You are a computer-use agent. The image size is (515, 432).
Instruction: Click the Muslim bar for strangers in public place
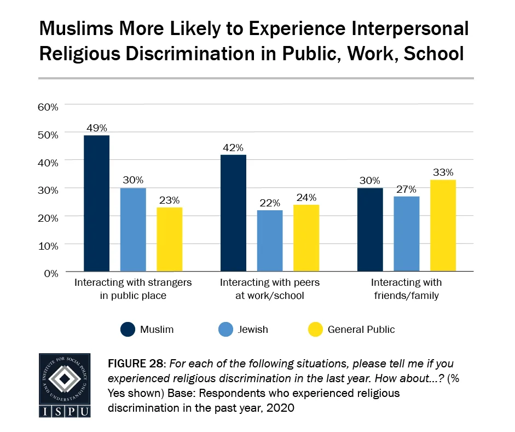96,203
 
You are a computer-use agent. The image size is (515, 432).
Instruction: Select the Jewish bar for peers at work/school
270,240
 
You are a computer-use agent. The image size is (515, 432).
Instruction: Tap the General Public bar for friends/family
443,226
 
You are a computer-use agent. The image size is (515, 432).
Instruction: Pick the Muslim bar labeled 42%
233,213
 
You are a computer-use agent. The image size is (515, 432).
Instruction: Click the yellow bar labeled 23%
169,239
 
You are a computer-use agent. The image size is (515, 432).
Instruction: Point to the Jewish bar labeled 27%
407,234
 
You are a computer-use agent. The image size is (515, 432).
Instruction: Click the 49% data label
96,128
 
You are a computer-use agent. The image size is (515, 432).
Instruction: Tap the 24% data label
306,198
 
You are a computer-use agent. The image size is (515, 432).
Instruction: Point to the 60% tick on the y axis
48,106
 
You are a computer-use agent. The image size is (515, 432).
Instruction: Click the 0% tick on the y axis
50,273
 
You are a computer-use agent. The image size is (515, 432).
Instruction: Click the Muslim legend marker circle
128,329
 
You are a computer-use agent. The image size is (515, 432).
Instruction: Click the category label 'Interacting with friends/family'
406,289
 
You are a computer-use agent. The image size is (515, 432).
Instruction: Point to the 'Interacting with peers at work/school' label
269,289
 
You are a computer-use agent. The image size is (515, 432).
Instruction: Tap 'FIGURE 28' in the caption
135,364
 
